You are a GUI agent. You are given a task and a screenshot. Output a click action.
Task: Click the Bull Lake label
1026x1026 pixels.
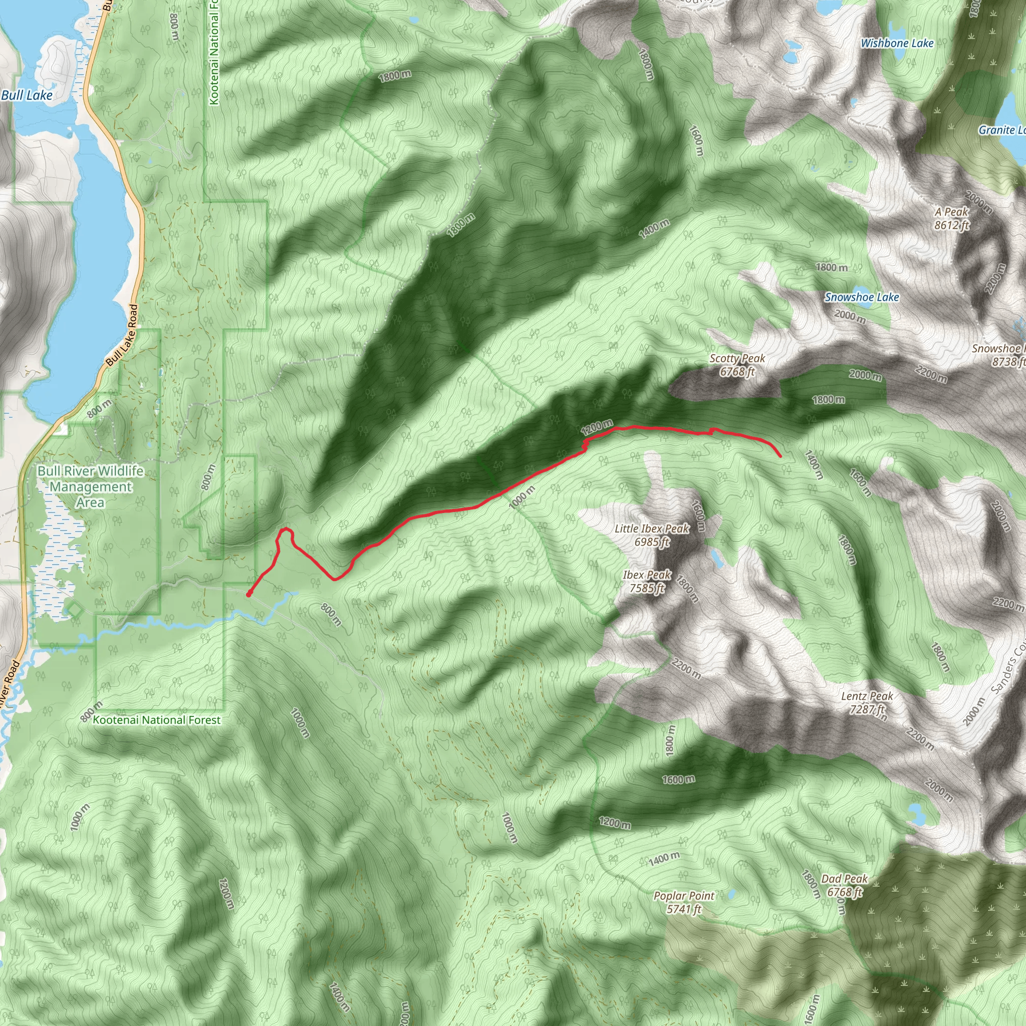point(27,96)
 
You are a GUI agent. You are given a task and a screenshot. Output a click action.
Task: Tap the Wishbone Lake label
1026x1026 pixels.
point(897,44)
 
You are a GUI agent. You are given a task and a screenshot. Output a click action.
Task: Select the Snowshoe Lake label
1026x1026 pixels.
point(861,298)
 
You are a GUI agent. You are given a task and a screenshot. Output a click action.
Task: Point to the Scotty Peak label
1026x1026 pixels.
point(737,365)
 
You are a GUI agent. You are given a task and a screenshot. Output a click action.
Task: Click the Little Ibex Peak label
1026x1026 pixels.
point(652,535)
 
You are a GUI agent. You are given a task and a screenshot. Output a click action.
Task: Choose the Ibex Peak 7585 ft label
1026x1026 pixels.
point(647,581)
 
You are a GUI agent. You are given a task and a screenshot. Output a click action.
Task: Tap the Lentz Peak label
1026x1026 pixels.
point(867,702)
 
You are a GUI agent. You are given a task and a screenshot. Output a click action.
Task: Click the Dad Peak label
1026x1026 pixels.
point(844,885)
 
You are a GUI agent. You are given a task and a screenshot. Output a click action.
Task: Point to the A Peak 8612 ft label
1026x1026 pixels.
point(952,218)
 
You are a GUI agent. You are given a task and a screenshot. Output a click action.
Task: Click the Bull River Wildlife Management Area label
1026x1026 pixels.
point(90,486)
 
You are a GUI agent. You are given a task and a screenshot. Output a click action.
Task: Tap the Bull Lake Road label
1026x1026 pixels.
point(122,335)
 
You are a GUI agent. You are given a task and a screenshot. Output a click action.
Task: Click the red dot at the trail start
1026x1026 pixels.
point(248,594)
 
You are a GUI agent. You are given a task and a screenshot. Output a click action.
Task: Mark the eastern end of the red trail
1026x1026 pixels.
point(780,456)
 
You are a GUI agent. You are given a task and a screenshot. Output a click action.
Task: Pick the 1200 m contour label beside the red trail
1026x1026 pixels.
point(597,427)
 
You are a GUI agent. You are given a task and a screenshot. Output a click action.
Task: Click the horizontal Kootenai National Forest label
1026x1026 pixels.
point(157,720)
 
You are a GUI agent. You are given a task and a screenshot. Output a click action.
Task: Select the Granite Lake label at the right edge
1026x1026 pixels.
point(1001,130)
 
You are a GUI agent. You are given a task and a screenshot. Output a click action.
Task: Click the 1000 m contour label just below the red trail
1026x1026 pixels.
point(522,497)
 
